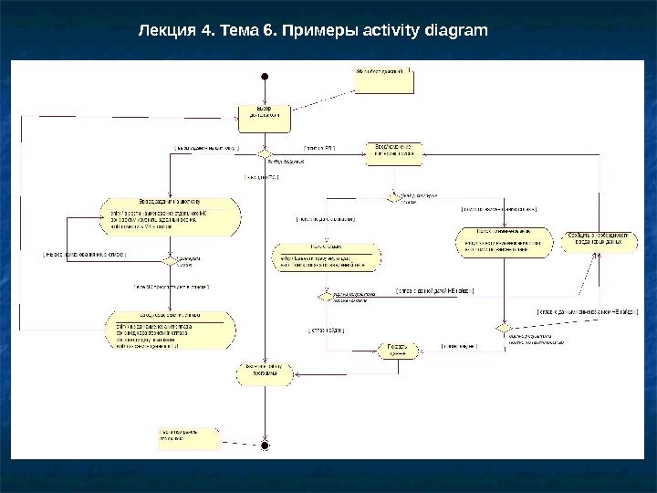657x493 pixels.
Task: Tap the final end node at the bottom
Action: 265,445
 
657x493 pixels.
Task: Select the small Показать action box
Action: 386,351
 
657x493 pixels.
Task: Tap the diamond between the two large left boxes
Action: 169,261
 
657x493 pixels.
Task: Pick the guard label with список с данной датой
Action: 434,290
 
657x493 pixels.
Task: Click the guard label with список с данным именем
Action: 587,312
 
